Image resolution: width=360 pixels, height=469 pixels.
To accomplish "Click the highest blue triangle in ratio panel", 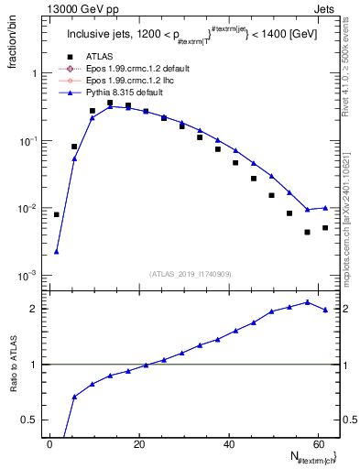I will tap(307, 301).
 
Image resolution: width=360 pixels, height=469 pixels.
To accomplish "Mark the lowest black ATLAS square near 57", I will tap(307, 232).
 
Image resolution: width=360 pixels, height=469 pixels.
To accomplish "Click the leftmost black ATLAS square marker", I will tap(57, 214).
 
